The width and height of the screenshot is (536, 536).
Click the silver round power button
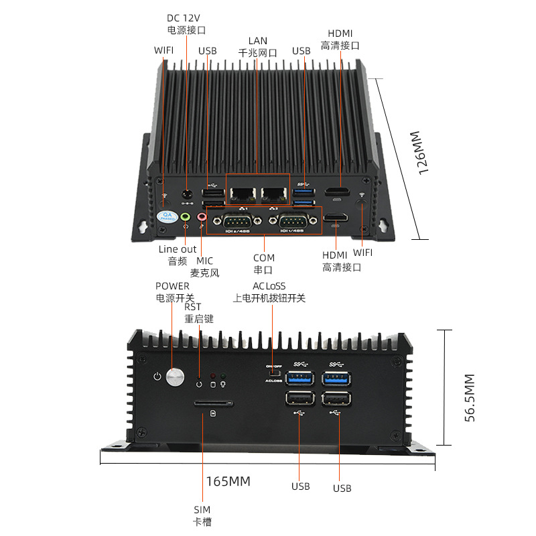click(x=176, y=377)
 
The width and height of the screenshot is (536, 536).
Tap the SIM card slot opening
click(x=213, y=404)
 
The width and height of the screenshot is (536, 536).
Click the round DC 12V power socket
click(x=188, y=195)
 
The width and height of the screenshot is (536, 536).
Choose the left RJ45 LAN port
click(x=242, y=194)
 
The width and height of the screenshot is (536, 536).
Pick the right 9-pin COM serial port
click(x=289, y=220)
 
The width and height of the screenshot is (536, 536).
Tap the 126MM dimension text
click(x=418, y=153)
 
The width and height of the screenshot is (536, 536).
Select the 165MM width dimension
click(x=228, y=481)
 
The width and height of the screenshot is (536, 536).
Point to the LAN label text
click(x=257, y=40)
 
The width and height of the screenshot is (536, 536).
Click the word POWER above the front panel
click(x=172, y=286)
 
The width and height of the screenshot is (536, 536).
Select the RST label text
click(x=192, y=307)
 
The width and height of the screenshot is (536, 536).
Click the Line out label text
click(x=178, y=249)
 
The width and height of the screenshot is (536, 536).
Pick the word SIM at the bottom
click(x=202, y=509)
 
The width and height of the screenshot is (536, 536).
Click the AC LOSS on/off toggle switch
click(x=272, y=373)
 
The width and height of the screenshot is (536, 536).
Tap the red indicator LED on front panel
click(x=213, y=377)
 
